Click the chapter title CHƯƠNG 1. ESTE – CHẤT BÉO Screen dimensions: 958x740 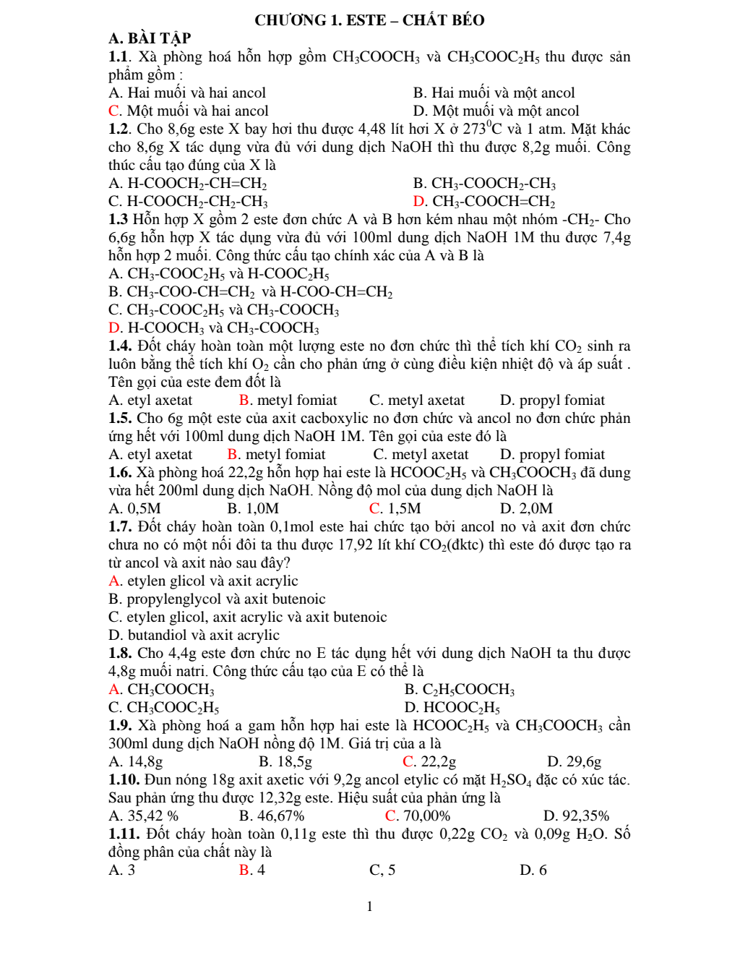click(x=369, y=20)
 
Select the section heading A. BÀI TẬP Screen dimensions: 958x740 click(x=150, y=38)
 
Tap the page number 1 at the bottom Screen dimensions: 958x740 click(x=370, y=907)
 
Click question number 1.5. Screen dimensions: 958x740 click(x=120, y=419)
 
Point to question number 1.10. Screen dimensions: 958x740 click(x=124, y=780)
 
